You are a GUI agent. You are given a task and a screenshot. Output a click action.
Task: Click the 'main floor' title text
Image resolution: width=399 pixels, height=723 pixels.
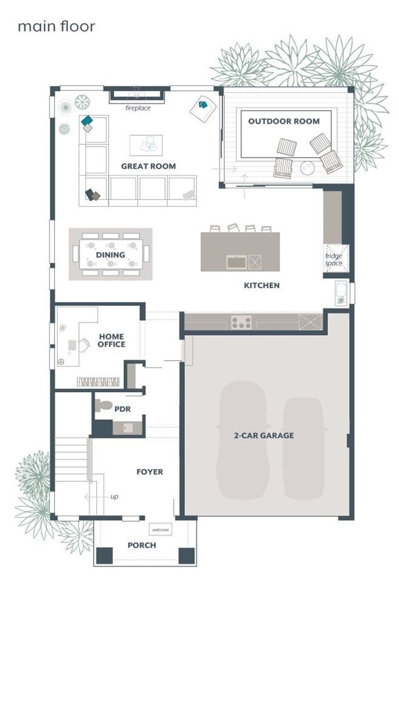click(x=56, y=27)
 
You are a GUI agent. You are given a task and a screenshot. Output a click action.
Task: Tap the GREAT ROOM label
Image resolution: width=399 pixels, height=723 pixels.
click(x=149, y=166)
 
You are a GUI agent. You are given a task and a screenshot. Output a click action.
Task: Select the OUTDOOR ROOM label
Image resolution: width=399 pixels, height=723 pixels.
click(x=284, y=121)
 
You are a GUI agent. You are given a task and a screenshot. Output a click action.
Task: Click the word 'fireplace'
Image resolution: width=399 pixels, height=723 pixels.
click(x=138, y=108)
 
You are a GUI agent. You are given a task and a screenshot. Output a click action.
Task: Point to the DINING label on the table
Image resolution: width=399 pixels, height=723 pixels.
click(x=110, y=255)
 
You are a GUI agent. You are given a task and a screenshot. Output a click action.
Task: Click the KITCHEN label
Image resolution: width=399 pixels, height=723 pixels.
click(x=261, y=285)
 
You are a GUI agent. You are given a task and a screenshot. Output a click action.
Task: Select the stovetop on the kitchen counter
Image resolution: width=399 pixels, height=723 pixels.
click(x=241, y=322)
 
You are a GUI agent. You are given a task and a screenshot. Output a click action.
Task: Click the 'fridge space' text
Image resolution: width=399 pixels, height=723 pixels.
click(x=334, y=259)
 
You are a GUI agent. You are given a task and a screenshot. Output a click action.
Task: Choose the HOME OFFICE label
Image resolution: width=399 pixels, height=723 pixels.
click(x=112, y=341)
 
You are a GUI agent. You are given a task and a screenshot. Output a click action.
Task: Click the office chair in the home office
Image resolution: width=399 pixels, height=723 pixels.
click(x=73, y=345)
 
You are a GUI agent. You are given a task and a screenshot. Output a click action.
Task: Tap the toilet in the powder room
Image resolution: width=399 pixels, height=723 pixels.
click(x=104, y=405)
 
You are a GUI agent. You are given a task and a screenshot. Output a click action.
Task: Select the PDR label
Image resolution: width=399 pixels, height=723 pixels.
click(x=122, y=409)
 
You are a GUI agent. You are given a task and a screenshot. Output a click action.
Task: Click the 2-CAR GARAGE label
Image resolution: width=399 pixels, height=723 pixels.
click(x=264, y=435)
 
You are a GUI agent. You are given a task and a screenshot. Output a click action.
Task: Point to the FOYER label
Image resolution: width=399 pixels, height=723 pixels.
click(x=149, y=471)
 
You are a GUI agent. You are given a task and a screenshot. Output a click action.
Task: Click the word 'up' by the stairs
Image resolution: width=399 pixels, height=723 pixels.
click(x=114, y=497)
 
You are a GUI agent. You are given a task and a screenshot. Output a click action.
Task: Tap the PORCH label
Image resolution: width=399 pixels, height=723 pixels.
click(x=141, y=545)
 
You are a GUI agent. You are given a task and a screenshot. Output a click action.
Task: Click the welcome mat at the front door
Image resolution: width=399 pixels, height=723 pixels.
click(x=161, y=530)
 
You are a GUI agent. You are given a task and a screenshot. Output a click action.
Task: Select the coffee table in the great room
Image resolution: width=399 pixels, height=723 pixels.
click(x=146, y=145)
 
